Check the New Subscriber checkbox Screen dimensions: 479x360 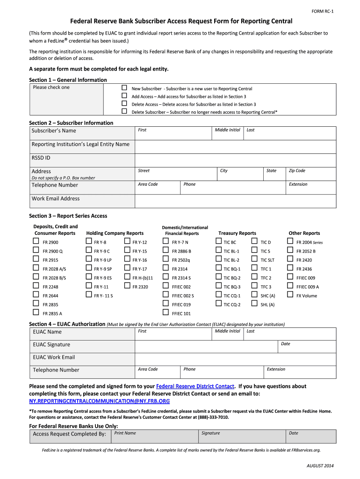[x=124, y=88]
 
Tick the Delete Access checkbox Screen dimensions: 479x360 [x=124, y=104]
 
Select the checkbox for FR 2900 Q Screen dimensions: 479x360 [x=36, y=251]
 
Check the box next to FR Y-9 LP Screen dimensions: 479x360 [x=89, y=260]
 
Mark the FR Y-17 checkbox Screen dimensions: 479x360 [x=127, y=269]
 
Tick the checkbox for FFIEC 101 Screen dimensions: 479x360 [x=165, y=313]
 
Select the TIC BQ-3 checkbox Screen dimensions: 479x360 [x=218, y=286]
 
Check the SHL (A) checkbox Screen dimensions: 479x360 [x=254, y=304]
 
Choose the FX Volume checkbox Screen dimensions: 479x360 [x=290, y=295]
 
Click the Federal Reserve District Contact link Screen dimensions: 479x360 [x=195, y=386]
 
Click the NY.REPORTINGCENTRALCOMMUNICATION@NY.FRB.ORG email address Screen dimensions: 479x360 [x=99, y=401]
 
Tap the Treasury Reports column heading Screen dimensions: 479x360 [x=237, y=233]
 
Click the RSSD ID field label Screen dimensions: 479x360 [x=41, y=158]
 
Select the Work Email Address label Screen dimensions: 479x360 [x=56, y=198]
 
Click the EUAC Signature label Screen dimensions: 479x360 [x=51, y=344]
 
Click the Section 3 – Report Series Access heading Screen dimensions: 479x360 [x=68, y=216]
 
